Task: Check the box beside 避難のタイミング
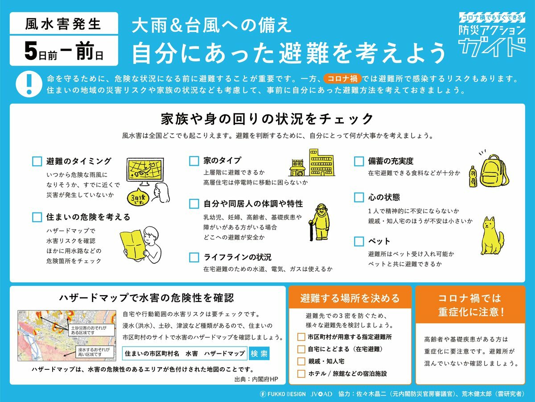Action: coord(37,161)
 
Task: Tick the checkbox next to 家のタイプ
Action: coord(194,161)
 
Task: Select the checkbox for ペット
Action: coord(359,241)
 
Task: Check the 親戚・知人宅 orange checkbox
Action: coord(301,361)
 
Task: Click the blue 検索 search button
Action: coord(259,353)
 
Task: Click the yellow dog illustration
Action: coord(492,236)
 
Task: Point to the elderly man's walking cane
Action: coord(311,230)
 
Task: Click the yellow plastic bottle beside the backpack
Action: coord(473,176)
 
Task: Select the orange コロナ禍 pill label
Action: coord(342,79)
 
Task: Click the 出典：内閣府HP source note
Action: coord(256,379)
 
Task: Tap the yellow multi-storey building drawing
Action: coord(321,162)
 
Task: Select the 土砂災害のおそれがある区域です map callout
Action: coord(92,330)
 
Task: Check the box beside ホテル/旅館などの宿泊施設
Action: coord(301,373)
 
